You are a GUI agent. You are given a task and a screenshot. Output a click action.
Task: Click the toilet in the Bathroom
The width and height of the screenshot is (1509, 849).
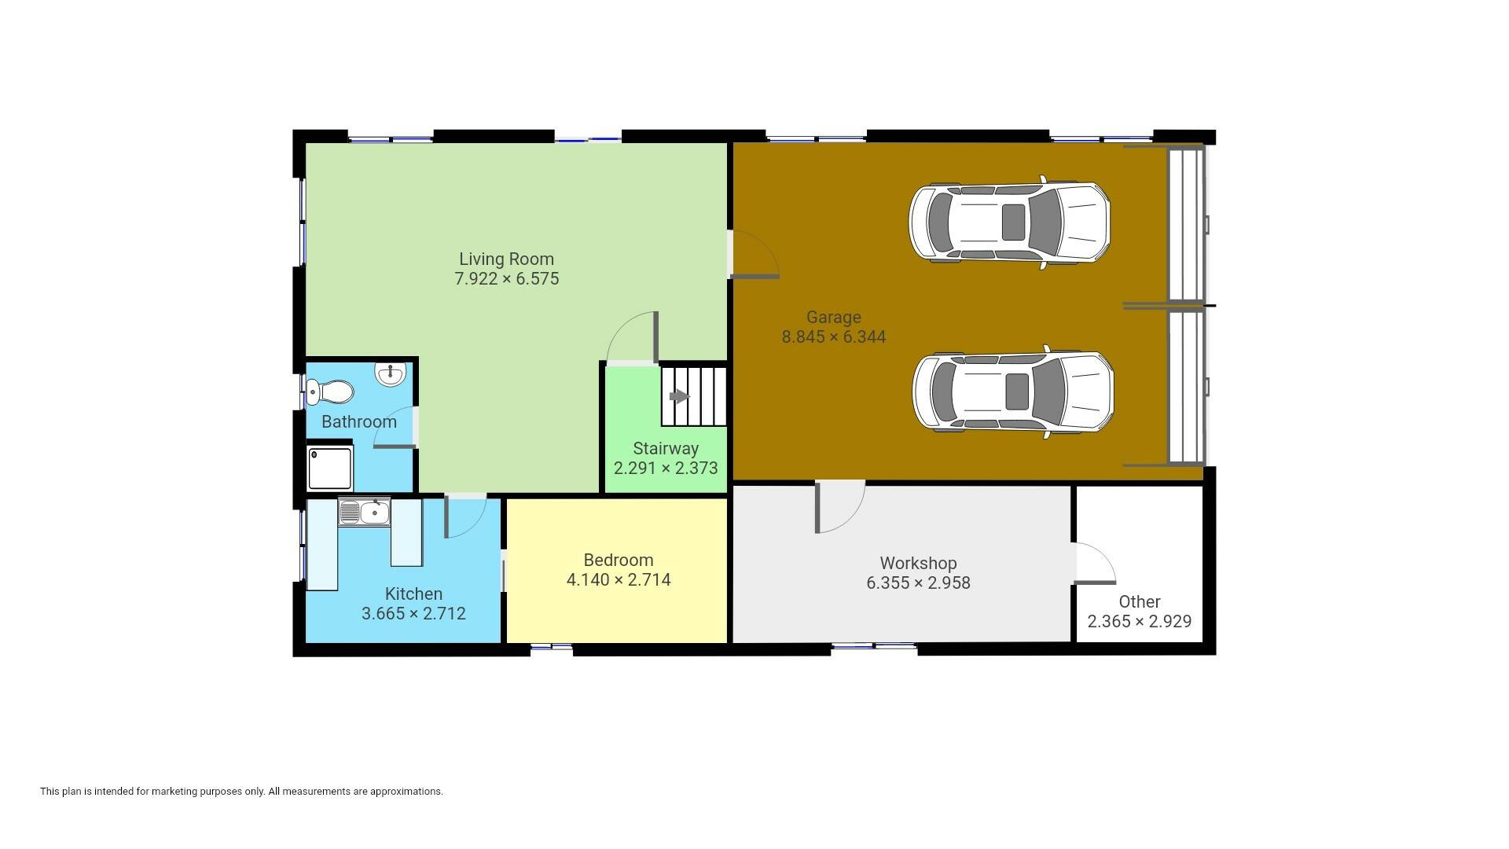click(329, 391)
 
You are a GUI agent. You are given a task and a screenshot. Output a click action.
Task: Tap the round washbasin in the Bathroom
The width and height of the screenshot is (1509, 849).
click(391, 374)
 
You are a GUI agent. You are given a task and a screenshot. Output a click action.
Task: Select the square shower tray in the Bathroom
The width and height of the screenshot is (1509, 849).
click(330, 468)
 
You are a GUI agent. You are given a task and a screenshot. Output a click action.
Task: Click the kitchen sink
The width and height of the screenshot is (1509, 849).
click(365, 512)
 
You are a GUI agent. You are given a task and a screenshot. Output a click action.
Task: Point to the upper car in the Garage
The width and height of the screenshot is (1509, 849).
click(1009, 222)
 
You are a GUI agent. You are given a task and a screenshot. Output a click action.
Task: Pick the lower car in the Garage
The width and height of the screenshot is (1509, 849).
click(1013, 391)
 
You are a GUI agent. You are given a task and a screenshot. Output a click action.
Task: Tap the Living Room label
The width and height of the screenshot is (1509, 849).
click(506, 259)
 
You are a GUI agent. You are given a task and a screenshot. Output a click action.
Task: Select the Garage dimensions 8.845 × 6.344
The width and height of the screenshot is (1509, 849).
click(833, 337)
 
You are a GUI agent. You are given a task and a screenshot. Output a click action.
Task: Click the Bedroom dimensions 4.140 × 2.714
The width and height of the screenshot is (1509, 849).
click(619, 580)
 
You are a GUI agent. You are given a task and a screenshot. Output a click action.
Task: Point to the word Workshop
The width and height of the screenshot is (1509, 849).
click(918, 564)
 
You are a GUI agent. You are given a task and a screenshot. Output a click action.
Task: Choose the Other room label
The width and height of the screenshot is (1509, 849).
click(1140, 602)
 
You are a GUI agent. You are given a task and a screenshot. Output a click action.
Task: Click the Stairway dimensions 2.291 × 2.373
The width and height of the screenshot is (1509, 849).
click(666, 469)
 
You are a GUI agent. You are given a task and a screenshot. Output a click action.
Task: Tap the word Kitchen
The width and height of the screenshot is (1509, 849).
click(413, 594)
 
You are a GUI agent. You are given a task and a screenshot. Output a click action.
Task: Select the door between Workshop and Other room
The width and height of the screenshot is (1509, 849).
click(1095, 563)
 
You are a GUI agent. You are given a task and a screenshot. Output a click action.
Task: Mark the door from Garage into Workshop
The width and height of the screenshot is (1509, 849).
click(840, 507)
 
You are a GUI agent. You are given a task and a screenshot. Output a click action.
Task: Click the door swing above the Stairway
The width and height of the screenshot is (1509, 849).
click(632, 337)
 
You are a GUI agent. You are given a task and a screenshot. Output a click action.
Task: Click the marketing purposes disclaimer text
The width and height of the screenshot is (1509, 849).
click(241, 792)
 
